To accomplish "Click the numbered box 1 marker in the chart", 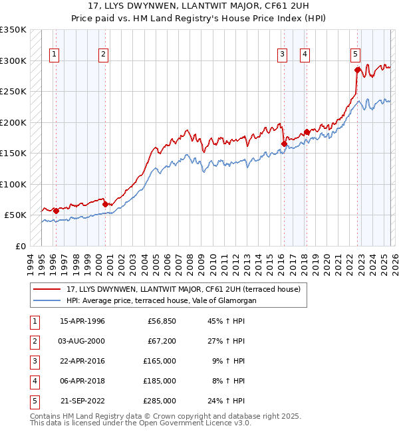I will tap(54, 54).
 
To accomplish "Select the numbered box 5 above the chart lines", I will tap(356, 54).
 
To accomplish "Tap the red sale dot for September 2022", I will tap(357, 70).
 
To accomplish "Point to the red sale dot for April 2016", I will tap(284, 144).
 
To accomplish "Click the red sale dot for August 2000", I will tap(105, 204).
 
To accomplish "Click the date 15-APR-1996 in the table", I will tap(82, 322).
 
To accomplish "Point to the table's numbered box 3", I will tap(33, 362).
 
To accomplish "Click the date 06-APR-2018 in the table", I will tap(82, 381).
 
